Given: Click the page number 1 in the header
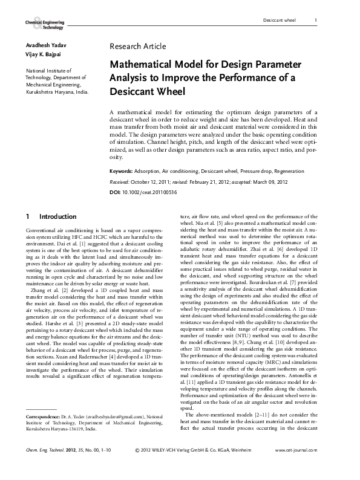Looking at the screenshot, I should (x=316, y=21).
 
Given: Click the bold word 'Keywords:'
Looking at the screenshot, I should (x=123, y=172).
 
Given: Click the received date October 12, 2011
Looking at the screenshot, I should (x=154, y=181).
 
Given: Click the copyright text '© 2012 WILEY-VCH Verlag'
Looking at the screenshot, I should (x=169, y=467).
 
